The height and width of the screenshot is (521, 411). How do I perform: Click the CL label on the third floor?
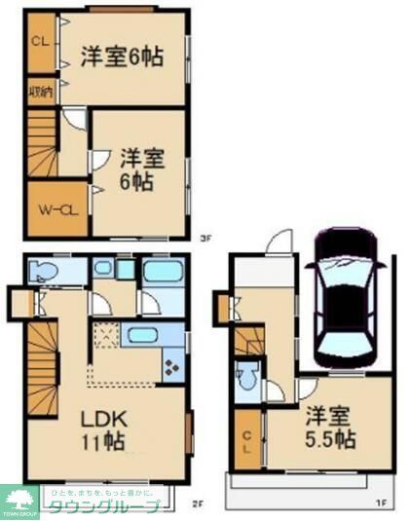coord(40,42)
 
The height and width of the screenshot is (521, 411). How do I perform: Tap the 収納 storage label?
coord(40,93)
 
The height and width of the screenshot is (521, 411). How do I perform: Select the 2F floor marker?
coord(195,503)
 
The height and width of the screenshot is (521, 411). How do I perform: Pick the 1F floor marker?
coord(383,503)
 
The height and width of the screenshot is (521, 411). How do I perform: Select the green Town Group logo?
coord(20,502)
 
